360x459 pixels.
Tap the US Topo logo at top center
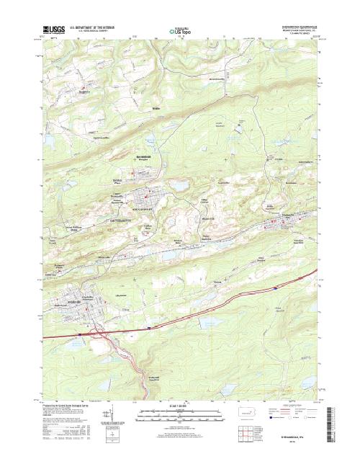[x=180, y=32]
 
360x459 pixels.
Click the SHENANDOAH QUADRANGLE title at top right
[x=292, y=28]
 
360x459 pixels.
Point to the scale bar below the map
[x=179, y=412]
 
